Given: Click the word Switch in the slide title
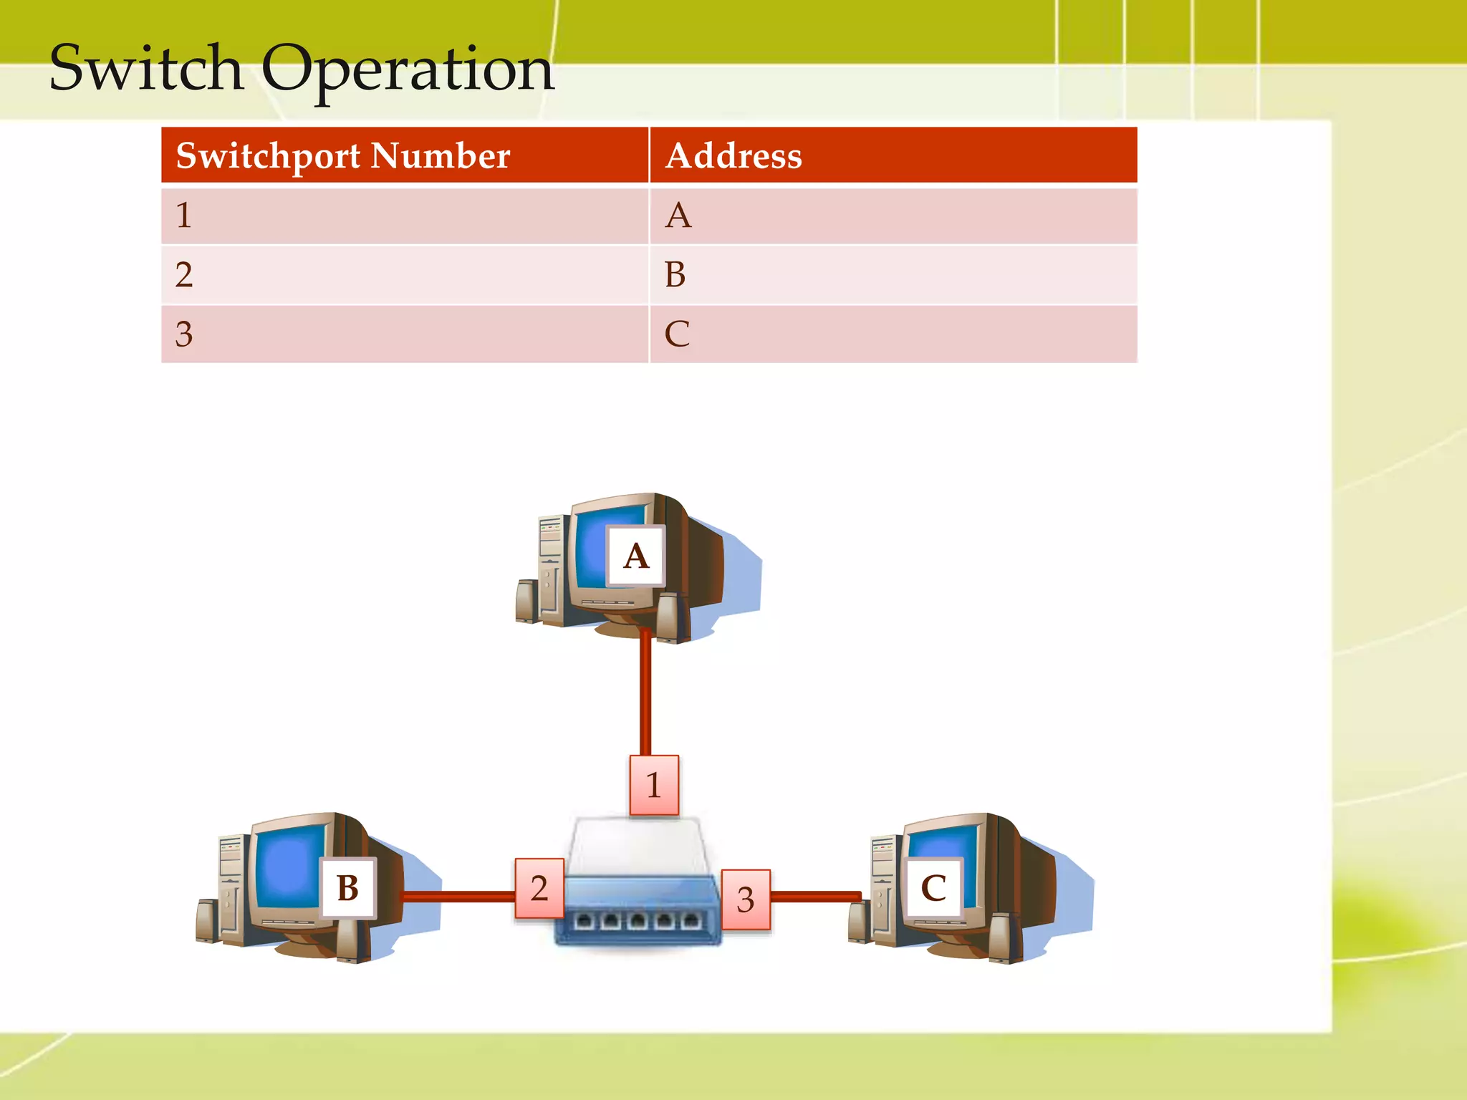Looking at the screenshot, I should point(147,68).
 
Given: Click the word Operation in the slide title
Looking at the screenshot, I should point(408,70).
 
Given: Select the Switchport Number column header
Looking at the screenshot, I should point(343,155).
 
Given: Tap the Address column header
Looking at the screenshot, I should point(733,155).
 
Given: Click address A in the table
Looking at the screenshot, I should point(678,216).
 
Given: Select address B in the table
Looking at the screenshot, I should point(675,275).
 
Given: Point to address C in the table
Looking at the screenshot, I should point(677,334).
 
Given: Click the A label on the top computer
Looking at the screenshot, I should point(636,556).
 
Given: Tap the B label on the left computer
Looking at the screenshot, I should point(348,888).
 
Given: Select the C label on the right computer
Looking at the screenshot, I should point(933,888).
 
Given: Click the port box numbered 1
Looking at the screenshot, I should point(654,785).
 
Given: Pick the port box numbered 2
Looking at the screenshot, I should point(539,889).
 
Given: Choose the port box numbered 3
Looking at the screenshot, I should point(746,899).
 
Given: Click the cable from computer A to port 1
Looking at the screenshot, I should point(645,695).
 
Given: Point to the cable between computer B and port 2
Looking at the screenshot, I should point(458,896).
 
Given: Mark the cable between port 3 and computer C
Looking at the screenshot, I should point(815,896).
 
